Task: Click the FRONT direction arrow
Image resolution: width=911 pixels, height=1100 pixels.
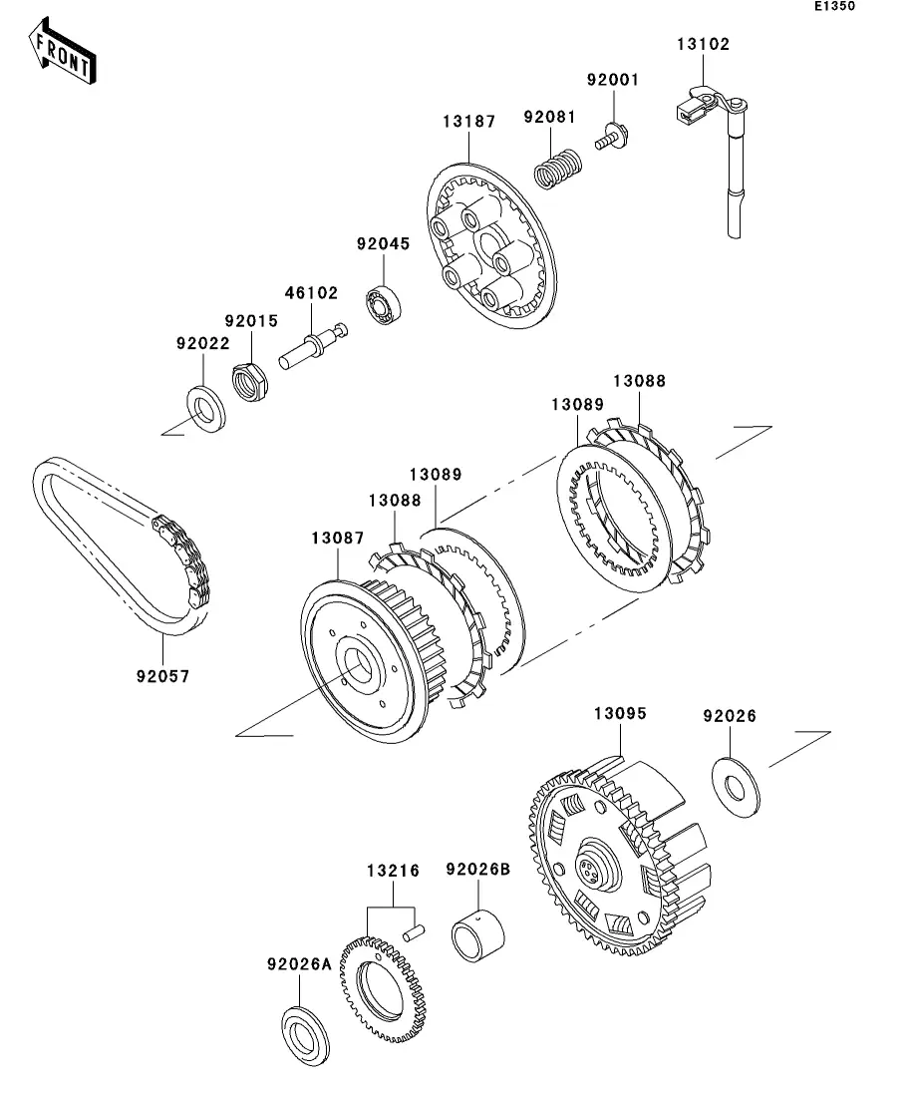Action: (x=62, y=52)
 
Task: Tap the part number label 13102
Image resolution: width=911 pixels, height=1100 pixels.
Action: (x=703, y=44)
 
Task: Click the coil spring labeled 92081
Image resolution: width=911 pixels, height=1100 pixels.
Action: (x=558, y=169)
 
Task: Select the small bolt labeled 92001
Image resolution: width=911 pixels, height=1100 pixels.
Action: (x=612, y=136)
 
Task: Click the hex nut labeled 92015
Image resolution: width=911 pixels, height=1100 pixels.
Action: (x=250, y=382)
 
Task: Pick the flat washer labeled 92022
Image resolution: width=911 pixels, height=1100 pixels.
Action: (x=206, y=409)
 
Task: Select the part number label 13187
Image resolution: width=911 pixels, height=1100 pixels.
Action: (x=469, y=122)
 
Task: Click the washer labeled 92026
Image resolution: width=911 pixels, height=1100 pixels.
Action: (x=736, y=787)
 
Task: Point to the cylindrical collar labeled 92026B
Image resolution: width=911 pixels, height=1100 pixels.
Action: (x=478, y=935)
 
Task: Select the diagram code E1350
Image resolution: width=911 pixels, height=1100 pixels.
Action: (x=834, y=6)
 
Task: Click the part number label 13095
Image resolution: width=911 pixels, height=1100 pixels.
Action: (x=620, y=713)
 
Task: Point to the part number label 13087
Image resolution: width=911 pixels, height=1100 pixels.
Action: (x=338, y=539)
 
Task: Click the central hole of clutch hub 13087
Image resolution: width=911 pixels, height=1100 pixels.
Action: (x=360, y=664)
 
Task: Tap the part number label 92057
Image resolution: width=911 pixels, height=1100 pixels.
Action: (x=162, y=676)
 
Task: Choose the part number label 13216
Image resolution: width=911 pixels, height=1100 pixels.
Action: (x=393, y=871)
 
